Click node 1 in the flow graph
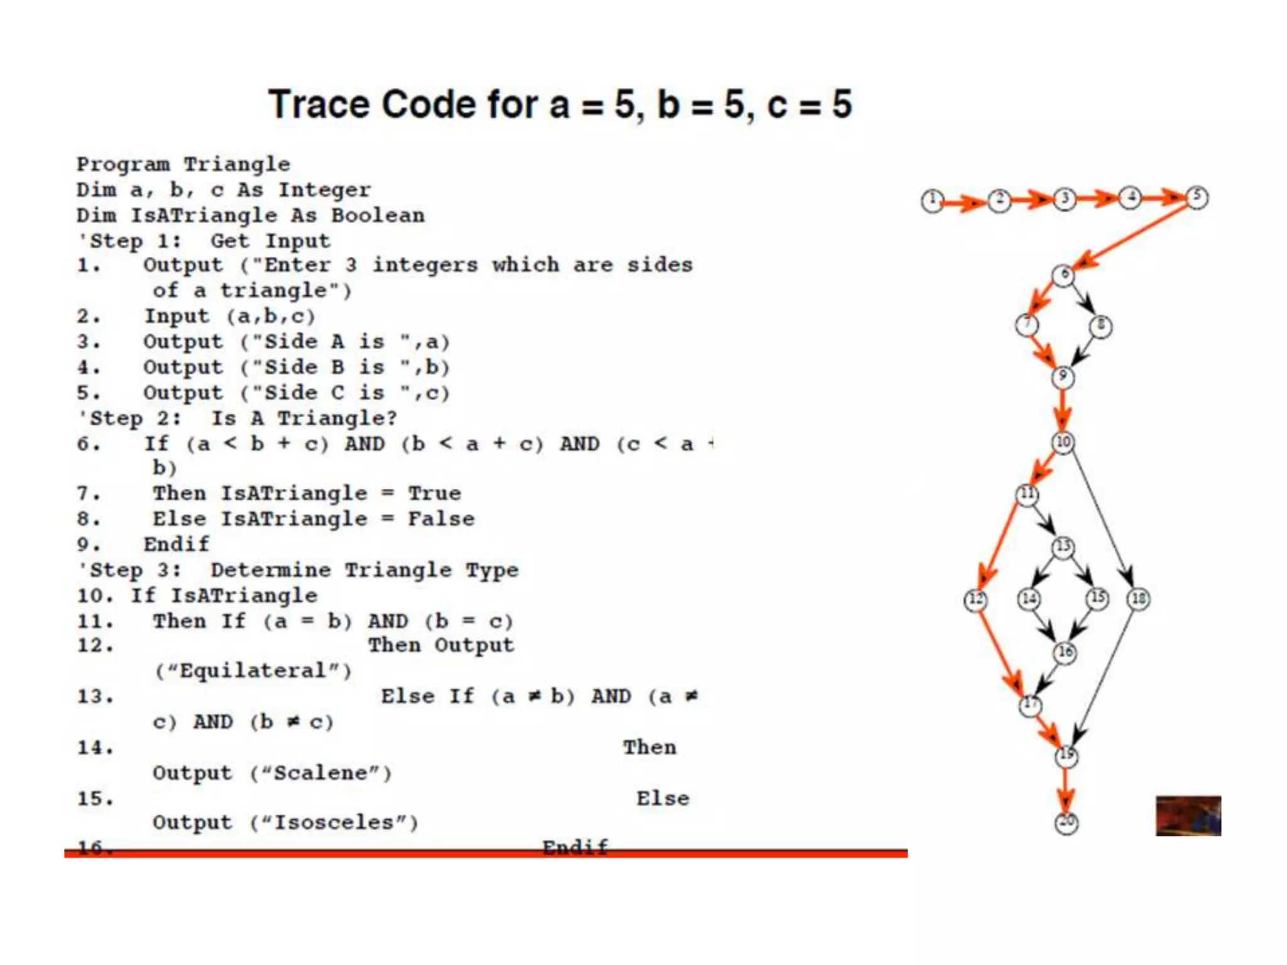(933, 201)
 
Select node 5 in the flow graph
(1197, 197)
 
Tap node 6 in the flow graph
(1063, 275)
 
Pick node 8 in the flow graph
(1100, 326)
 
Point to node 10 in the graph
(1063, 442)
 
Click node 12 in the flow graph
(975, 600)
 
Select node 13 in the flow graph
(1063, 547)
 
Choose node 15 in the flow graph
(1098, 598)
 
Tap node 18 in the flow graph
(1139, 599)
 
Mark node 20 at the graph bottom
(1066, 822)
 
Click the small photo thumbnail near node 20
(1188, 815)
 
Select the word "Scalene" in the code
(321, 773)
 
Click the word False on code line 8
(441, 519)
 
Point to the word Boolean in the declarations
(378, 215)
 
